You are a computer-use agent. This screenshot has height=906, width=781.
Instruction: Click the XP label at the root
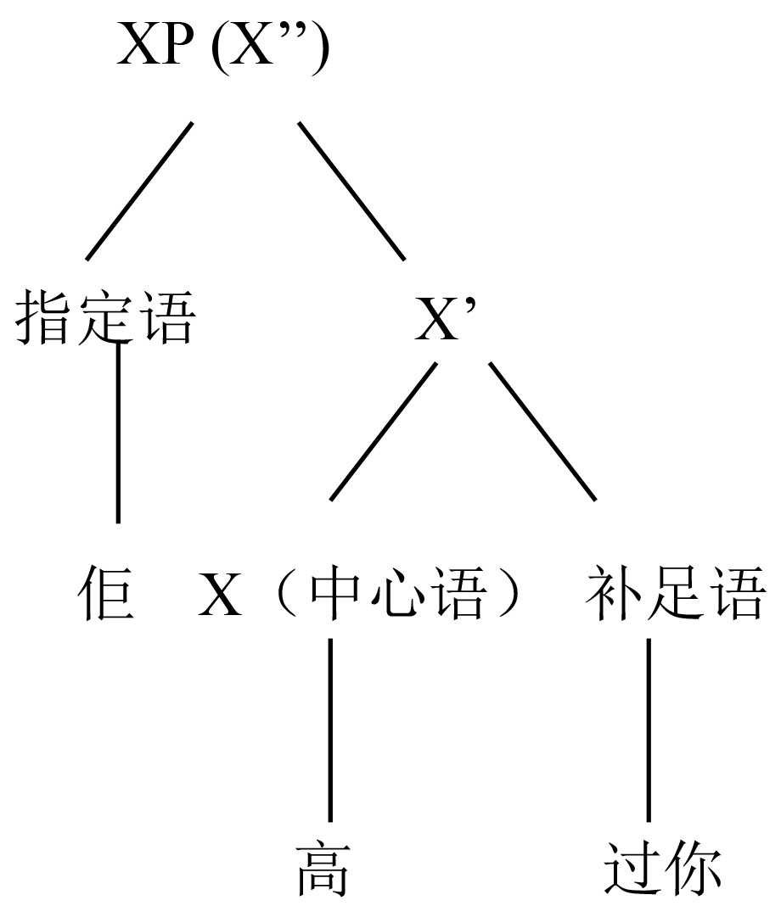(x=155, y=48)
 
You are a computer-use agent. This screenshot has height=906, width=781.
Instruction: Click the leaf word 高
(x=323, y=870)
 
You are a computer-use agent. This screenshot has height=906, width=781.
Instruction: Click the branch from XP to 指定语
(x=139, y=190)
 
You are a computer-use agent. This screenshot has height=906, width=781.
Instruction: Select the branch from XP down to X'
(x=351, y=190)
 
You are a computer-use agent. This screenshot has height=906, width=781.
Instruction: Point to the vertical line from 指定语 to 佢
(x=117, y=433)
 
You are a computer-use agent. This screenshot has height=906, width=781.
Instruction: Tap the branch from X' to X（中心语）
(x=383, y=431)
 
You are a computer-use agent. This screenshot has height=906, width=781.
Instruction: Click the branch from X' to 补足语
(x=542, y=431)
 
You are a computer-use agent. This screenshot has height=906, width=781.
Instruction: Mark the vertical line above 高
(x=329, y=730)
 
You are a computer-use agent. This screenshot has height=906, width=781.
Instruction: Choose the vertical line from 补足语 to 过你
(x=649, y=730)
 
